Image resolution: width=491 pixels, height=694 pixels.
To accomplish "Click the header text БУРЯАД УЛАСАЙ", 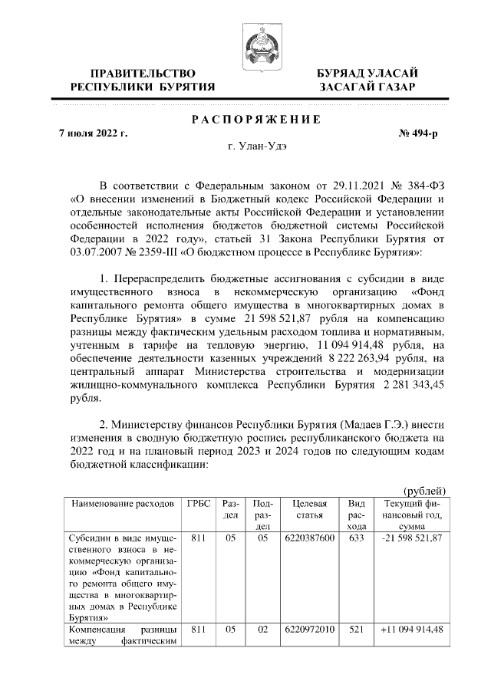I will [x=367, y=73].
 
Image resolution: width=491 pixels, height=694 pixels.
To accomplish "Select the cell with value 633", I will [x=356, y=539].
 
